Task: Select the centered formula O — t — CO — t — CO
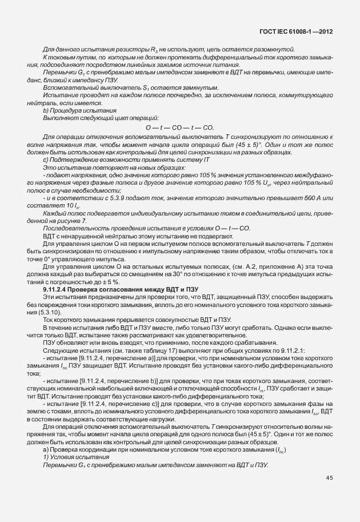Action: coord(179,127)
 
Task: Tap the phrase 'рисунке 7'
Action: coord(69,220)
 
